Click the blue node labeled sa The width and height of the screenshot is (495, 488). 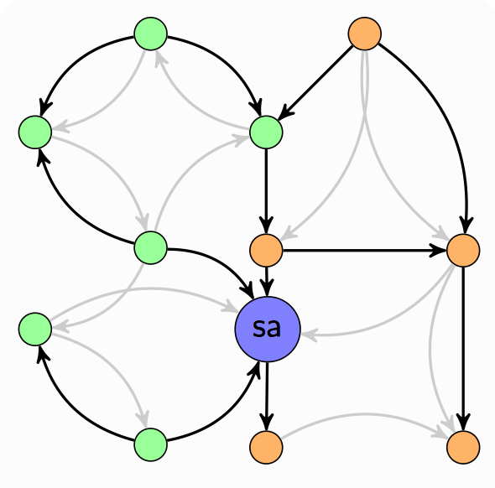pyautogui.click(x=267, y=329)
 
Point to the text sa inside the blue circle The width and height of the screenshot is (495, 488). pyautogui.click(x=267, y=328)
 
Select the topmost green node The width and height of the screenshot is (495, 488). pyautogui.click(x=150, y=34)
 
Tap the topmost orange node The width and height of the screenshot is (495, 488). pyautogui.click(x=365, y=34)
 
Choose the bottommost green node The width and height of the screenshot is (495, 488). pyautogui.click(x=150, y=444)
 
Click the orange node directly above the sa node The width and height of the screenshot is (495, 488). pyautogui.click(x=266, y=251)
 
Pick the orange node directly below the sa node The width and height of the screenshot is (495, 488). pyautogui.click(x=266, y=447)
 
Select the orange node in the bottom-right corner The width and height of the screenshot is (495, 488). pyautogui.click(x=463, y=447)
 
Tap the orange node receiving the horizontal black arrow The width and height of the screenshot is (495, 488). pyautogui.click(x=463, y=251)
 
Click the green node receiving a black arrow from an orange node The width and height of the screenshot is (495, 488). pyautogui.click(x=266, y=132)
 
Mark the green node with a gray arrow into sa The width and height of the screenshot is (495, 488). pyautogui.click(x=35, y=329)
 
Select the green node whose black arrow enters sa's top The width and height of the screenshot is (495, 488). pyautogui.click(x=150, y=247)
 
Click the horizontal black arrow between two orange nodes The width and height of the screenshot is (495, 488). pyautogui.click(x=365, y=251)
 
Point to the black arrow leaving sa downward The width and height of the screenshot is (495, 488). pyautogui.click(x=267, y=397)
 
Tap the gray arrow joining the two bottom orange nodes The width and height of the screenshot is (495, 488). pyautogui.click(x=365, y=414)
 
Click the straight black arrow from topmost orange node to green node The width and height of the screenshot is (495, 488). pyautogui.click(x=315, y=83)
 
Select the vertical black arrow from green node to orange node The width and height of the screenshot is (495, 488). pyautogui.click(x=266, y=191)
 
